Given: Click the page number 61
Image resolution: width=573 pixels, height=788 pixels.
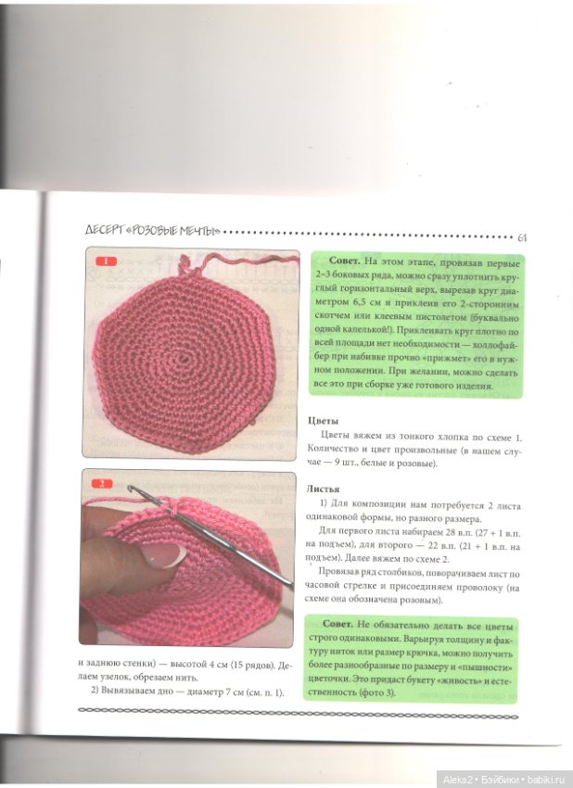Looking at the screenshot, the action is click(x=522, y=237).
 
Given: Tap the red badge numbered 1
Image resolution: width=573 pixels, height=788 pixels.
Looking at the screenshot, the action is click(x=106, y=261).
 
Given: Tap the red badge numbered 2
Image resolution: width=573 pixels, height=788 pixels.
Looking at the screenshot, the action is click(x=102, y=483).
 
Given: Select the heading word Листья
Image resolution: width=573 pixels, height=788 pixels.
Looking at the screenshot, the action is click(x=323, y=489).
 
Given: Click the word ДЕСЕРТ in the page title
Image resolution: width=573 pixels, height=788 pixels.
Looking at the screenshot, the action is click(x=105, y=231).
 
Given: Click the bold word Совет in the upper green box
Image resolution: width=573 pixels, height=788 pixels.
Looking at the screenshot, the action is click(x=344, y=261).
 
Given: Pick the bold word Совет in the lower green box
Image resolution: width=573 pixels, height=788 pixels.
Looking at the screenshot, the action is click(x=338, y=624).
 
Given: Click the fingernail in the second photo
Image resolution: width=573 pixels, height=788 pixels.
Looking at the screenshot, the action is click(x=162, y=554).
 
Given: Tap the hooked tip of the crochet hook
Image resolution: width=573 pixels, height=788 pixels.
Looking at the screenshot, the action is click(x=131, y=488).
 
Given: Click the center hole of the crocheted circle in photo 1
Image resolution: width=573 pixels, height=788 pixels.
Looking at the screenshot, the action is click(x=185, y=357).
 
